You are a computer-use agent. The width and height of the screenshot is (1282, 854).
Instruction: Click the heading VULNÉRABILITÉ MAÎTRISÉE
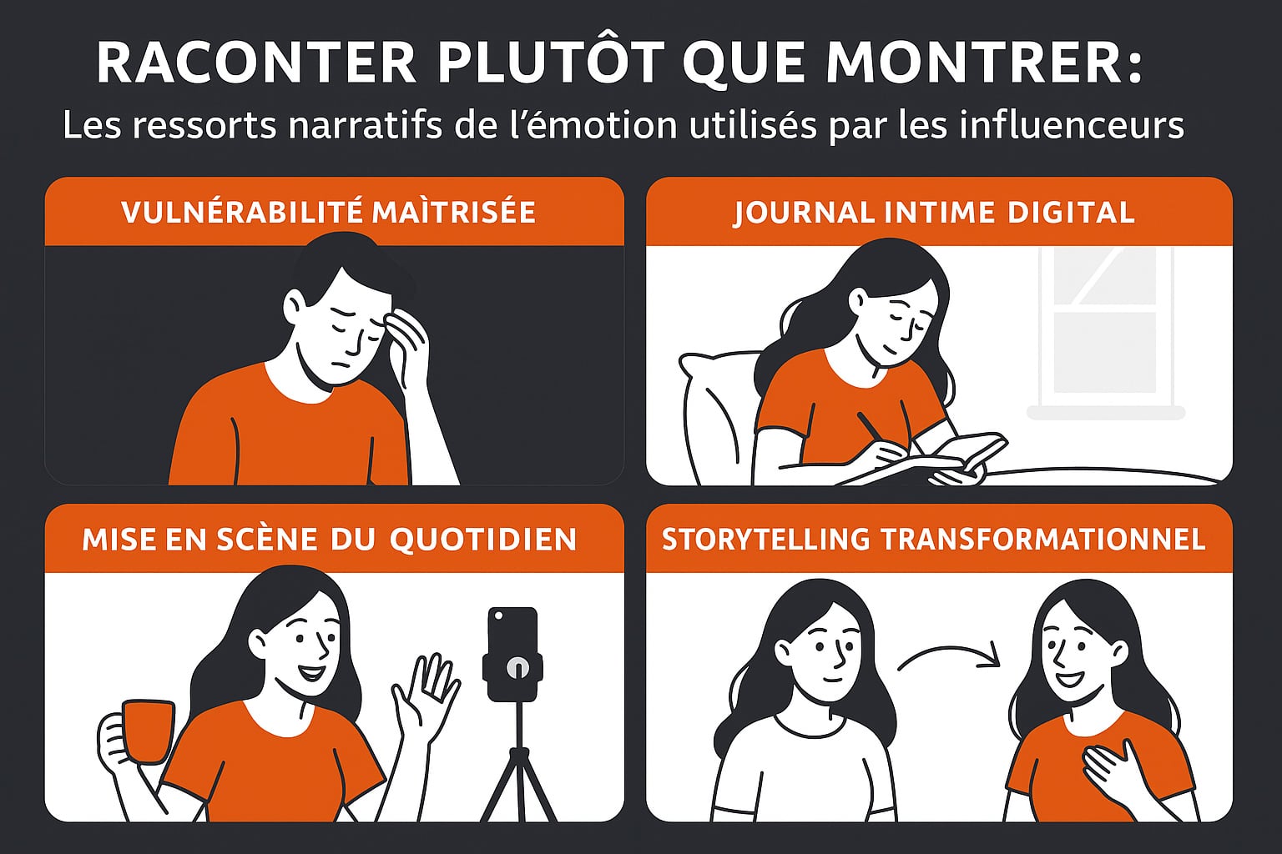click(x=328, y=213)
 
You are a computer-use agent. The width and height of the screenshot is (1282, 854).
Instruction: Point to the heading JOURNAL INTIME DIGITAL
click(x=934, y=213)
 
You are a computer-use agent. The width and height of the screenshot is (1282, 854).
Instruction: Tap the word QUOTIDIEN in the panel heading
click(x=483, y=540)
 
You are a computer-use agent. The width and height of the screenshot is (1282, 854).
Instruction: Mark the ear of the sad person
click(x=295, y=305)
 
